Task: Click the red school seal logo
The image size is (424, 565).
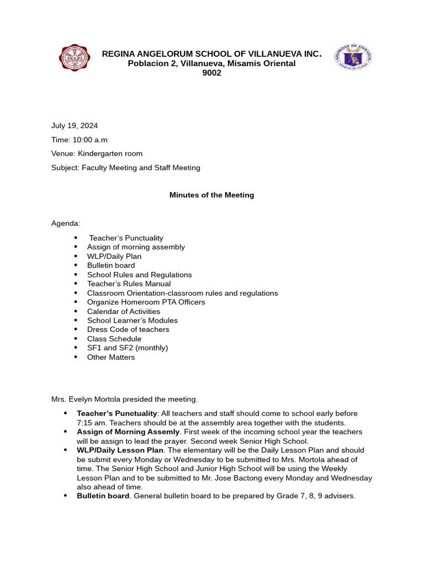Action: pyautogui.click(x=75, y=58)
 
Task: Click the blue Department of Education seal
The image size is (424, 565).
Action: pyautogui.click(x=353, y=57)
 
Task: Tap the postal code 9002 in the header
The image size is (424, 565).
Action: pyautogui.click(x=211, y=73)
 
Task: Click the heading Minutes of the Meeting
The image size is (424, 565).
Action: pyautogui.click(x=211, y=195)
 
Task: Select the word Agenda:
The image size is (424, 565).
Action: pyautogui.click(x=66, y=223)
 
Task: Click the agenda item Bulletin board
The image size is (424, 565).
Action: pyautogui.click(x=110, y=265)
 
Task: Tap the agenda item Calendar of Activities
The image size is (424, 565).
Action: pyautogui.click(x=124, y=311)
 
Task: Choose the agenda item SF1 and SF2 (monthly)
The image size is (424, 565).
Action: pyautogui.click(x=128, y=348)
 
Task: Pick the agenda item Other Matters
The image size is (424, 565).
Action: pyautogui.click(x=111, y=357)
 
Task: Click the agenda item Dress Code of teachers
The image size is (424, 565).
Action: pyautogui.click(x=128, y=329)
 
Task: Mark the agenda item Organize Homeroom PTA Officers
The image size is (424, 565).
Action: pyautogui.click(x=146, y=302)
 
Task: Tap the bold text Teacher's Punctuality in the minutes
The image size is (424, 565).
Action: pyautogui.click(x=117, y=413)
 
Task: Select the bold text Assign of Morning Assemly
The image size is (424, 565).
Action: pyautogui.click(x=128, y=431)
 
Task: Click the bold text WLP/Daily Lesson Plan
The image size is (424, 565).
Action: pyautogui.click(x=120, y=450)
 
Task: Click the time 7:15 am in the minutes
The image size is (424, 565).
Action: pyautogui.click(x=89, y=423)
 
